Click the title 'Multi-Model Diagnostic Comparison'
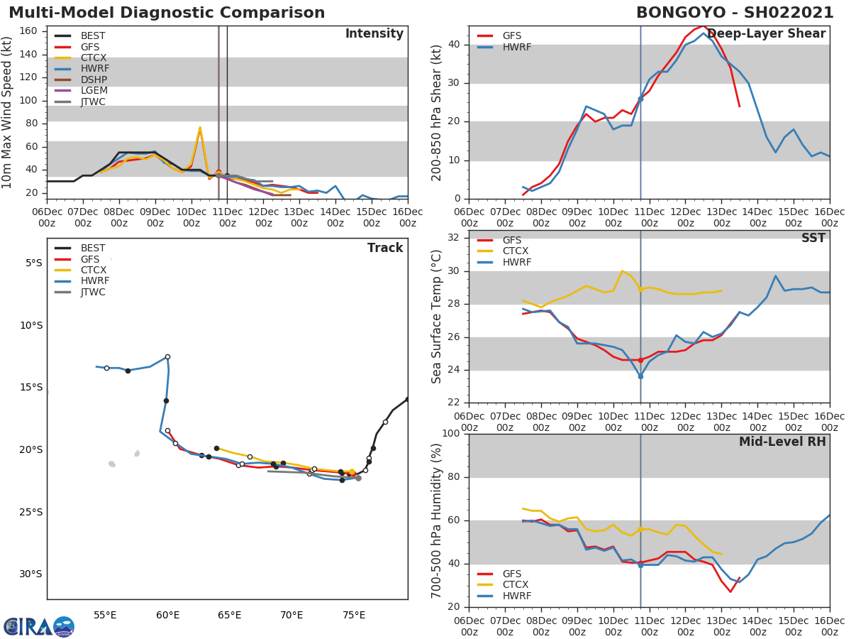(x=167, y=13)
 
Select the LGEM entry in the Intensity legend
(x=94, y=91)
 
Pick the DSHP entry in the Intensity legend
(x=94, y=80)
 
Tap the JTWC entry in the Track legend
(x=93, y=292)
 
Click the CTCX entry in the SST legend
(x=516, y=251)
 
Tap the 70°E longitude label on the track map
(x=291, y=615)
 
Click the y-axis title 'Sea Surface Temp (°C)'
(x=437, y=317)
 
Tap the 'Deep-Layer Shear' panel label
(x=766, y=34)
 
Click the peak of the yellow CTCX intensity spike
(x=200, y=128)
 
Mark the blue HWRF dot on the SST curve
(x=640, y=376)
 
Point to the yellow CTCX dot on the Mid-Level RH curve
(x=640, y=529)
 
